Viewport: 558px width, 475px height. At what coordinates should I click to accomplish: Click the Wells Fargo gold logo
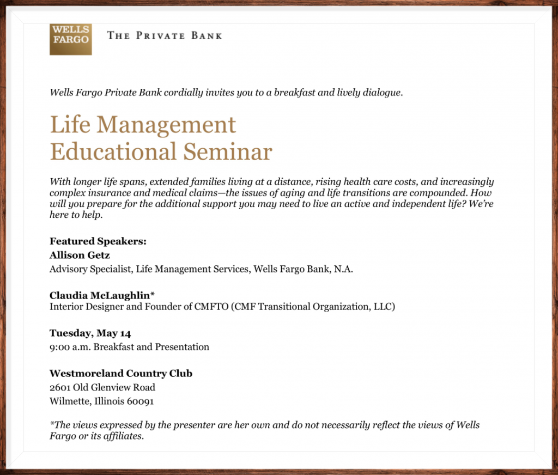[70, 39]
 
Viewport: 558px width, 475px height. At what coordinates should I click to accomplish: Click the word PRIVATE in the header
[161, 35]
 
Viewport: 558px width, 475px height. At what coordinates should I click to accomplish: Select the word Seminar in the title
[228, 151]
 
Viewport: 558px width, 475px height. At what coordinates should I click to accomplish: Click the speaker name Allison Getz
[80, 255]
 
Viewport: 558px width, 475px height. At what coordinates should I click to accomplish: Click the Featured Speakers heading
[98, 241]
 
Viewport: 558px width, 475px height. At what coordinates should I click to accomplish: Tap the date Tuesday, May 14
[90, 333]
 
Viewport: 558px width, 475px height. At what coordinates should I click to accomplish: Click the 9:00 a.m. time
[69, 347]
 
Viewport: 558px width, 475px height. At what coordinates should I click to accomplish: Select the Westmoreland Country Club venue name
[121, 373]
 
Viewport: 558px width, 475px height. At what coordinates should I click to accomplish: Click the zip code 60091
[140, 401]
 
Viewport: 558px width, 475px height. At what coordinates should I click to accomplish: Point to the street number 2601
[60, 387]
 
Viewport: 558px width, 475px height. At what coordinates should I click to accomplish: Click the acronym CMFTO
[211, 307]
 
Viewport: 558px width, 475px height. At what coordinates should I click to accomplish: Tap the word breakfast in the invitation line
[294, 93]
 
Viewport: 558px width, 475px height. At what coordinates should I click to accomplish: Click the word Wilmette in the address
[70, 401]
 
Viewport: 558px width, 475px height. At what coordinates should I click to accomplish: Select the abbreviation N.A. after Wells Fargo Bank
[343, 269]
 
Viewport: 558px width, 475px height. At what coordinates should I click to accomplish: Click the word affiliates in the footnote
[123, 436]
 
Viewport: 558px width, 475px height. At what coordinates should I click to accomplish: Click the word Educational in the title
[113, 151]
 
